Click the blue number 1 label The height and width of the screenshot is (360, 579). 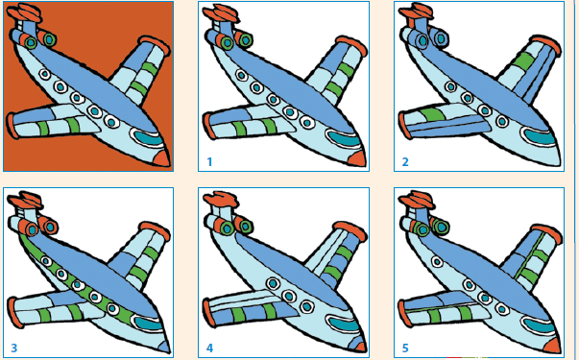tap(209, 161)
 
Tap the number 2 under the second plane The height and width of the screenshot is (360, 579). tap(405, 161)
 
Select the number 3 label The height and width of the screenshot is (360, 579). tap(14, 348)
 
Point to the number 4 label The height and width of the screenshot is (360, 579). tap(209, 348)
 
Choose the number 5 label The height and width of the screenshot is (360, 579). tap(405, 348)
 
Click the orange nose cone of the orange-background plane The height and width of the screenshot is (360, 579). tap(162, 158)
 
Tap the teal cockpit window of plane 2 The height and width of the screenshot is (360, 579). tap(540, 137)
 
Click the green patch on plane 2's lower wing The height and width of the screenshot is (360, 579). tap(431, 114)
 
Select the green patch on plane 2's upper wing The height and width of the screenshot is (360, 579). tap(523, 60)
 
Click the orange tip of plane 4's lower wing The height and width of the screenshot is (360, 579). tap(209, 313)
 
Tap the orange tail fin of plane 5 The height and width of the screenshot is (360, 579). tap(417, 200)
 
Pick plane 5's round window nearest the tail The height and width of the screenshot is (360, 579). tap(437, 262)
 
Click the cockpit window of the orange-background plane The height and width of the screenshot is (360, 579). tap(148, 137)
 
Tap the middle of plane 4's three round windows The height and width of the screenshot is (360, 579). tap(290, 296)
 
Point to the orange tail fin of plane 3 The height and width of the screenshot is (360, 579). tap(26, 200)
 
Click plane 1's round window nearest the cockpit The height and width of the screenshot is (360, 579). tap(307, 122)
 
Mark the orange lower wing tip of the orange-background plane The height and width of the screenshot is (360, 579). tap(12, 126)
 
